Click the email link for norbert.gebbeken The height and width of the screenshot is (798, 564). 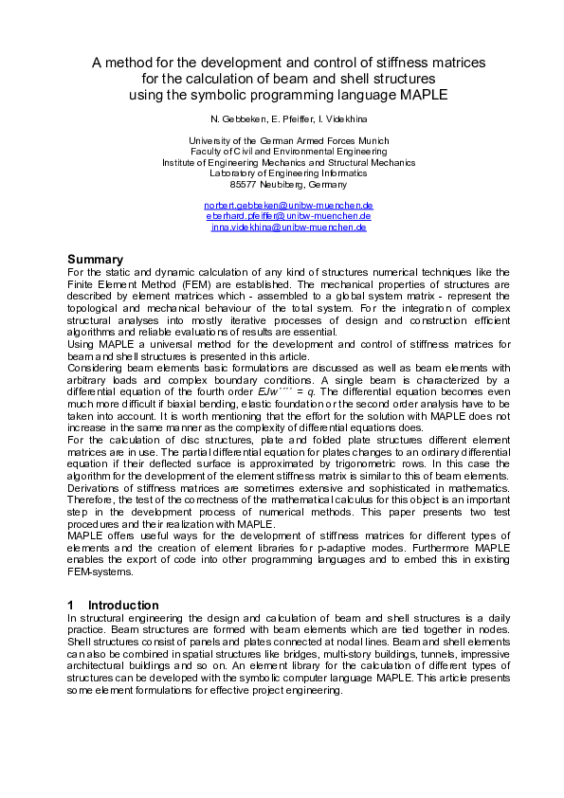pos(288,206)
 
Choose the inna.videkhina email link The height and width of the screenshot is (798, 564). pos(288,227)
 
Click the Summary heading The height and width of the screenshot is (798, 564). pos(95,259)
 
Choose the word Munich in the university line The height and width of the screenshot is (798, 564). pos(373,141)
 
